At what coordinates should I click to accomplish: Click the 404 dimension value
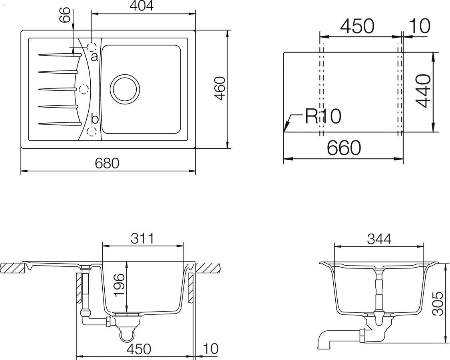[x=142, y=6]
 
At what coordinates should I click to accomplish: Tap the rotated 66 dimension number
[x=66, y=15]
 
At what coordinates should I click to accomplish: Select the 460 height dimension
[x=220, y=88]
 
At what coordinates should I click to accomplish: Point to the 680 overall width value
[x=107, y=163]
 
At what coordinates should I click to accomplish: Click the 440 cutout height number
[x=423, y=91]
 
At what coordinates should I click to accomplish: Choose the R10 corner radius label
[x=323, y=116]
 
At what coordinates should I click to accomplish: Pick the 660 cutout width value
[x=344, y=148]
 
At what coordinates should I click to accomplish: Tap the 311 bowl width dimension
[x=142, y=238]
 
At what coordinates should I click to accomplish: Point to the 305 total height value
[x=439, y=304]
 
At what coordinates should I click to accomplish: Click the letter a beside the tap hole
[x=94, y=57]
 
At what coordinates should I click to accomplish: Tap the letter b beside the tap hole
[x=95, y=119]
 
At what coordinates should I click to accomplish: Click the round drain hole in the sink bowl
[x=125, y=89]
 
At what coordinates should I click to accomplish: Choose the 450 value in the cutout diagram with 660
[x=357, y=26]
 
